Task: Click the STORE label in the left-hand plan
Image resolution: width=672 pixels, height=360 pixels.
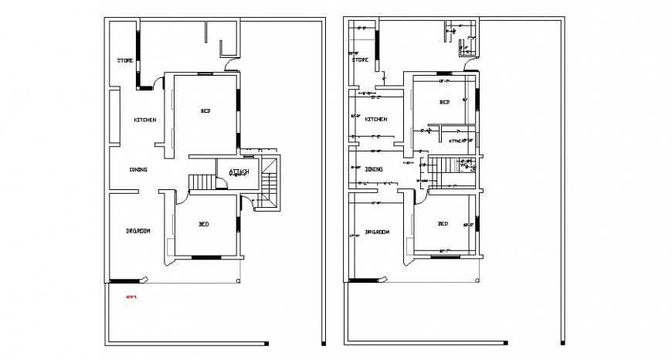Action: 125,60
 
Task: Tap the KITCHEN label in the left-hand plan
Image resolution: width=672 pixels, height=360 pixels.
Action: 145,120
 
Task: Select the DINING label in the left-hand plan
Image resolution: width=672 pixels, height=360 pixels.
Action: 138,169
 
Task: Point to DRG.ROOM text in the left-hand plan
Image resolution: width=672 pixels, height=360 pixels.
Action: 137,231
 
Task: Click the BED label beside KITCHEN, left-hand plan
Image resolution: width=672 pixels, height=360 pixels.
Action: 205,111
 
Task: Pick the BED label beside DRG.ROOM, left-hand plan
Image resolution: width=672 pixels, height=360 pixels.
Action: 204,224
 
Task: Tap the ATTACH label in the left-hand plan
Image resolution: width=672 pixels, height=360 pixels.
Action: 237,172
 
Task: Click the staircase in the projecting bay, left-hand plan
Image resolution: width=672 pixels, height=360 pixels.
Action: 270,184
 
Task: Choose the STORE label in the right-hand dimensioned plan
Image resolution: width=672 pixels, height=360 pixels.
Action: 360,59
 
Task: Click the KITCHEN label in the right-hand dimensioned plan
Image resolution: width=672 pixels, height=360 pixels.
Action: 376,120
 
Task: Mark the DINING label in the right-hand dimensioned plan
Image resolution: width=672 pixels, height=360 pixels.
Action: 373,169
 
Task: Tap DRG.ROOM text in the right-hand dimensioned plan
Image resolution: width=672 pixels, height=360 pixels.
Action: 377,232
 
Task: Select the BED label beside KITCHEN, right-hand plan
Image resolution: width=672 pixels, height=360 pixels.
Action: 445,102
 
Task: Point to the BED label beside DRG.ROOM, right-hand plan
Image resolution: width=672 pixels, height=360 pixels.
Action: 443,224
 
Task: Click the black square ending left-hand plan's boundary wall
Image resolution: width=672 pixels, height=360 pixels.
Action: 267,342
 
